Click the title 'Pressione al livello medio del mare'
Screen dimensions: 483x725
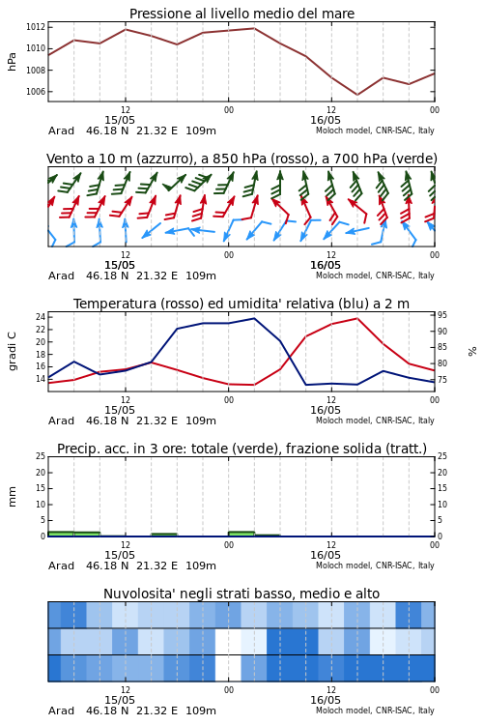[241, 14]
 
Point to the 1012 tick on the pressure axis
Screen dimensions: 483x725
[36, 27]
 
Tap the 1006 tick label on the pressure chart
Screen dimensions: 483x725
[36, 92]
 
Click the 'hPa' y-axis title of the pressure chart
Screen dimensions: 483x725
[12, 62]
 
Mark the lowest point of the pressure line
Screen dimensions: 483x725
[356, 95]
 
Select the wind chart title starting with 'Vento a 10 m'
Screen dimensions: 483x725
[241, 159]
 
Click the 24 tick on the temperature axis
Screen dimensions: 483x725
[41, 317]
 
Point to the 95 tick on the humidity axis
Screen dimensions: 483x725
[442, 315]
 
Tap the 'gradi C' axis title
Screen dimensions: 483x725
[12, 351]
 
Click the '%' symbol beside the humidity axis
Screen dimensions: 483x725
[472, 352]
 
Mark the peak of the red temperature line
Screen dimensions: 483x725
[356, 318]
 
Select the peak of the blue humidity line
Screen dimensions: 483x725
[254, 318]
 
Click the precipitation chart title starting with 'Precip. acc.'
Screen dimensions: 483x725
[241, 449]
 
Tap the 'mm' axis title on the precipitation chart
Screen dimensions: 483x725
[12, 496]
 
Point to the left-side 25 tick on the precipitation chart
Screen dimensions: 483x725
[41, 456]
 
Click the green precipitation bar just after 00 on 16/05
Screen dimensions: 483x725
[241, 534]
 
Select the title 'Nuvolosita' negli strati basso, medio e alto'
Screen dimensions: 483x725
[241, 594]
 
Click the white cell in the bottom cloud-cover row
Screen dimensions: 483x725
[228, 668]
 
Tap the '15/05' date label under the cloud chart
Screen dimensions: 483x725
[120, 700]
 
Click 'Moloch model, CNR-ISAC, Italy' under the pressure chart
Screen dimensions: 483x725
[375, 130]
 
